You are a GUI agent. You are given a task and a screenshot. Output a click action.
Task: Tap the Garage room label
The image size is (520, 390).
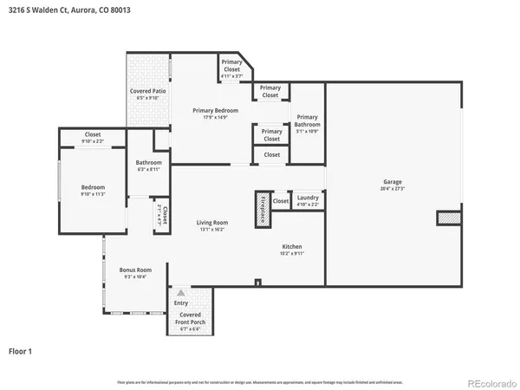tap(392, 183)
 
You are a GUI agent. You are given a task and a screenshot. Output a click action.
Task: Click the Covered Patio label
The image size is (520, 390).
tap(148, 90)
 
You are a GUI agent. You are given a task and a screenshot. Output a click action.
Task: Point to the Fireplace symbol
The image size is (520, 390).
tap(262, 210)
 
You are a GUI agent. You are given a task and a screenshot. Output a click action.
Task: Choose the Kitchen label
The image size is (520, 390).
tap(290, 246)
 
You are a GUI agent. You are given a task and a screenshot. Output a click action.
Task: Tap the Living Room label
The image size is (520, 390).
tap(212, 223)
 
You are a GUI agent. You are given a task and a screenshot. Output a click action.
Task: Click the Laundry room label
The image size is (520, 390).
tap(308, 198)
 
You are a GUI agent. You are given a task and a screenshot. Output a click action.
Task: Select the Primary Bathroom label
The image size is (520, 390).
tap(308, 121)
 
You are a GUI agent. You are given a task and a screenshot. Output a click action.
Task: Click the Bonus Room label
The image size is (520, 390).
tap(135, 270)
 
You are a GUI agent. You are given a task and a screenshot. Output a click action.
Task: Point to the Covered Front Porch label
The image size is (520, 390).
tap(190, 318)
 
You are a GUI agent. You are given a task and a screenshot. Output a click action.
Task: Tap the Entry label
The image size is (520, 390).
tap(181, 302)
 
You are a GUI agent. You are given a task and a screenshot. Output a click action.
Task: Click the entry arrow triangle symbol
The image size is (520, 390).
tap(181, 294)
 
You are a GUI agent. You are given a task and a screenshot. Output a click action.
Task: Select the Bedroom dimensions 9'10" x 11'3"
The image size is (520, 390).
tap(93, 194)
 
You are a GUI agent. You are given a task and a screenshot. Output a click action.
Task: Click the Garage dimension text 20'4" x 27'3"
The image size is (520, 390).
tap(392, 189)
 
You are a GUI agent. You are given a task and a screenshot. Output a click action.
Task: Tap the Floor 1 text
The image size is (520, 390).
tap(20, 351)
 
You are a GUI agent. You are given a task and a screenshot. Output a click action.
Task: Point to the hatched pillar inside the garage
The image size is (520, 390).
tap(447, 218)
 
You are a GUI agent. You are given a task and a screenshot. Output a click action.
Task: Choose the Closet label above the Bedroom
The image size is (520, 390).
tap(92, 134)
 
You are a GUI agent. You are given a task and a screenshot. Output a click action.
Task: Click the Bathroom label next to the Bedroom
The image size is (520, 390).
tap(148, 162)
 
